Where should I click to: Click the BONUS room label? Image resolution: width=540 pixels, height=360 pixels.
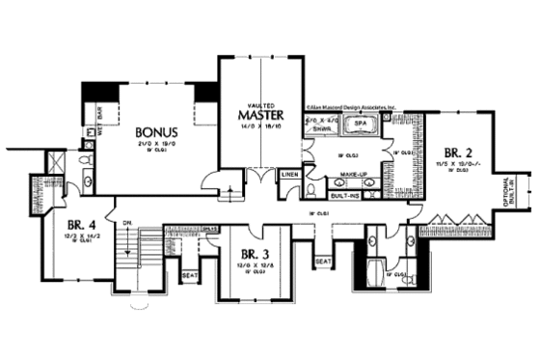tap(155, 132)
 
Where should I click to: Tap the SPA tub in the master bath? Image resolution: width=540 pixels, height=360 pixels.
tap(362, 125)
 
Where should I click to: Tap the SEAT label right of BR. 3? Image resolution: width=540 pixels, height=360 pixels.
tap(322, 260)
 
